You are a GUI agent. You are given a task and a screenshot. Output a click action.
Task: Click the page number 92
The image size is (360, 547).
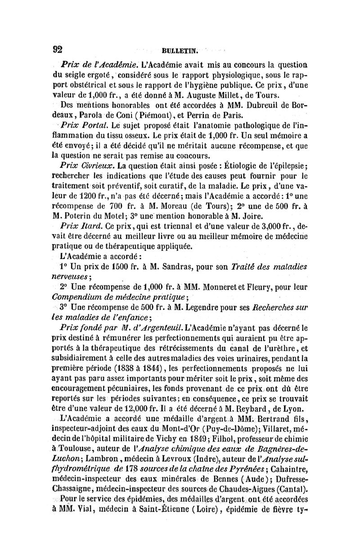click(x=57, y=49)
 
